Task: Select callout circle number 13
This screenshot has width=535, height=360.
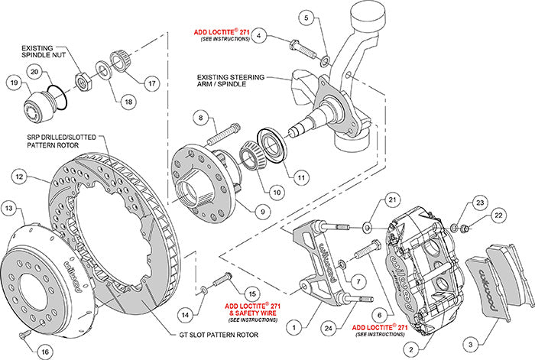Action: pyautogui.click(x=10, y=208)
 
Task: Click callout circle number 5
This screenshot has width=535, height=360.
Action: pyautogui.click(x=306, y=16)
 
